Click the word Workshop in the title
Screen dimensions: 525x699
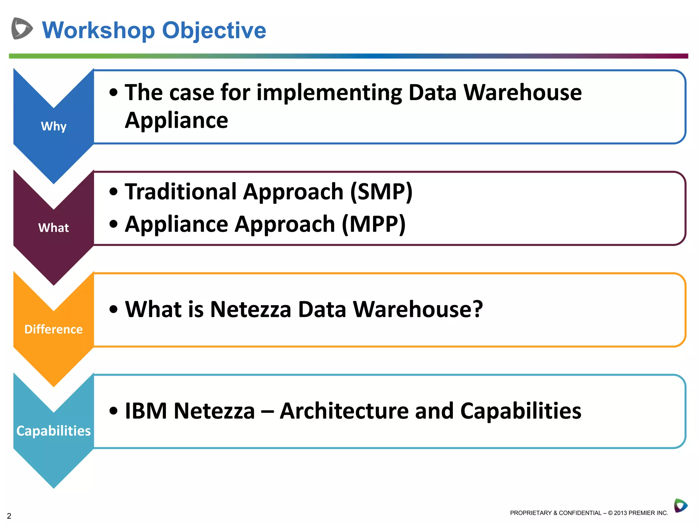click(98, 31)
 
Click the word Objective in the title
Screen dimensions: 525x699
click(214, 31)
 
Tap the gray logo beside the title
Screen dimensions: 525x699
click(22, 28)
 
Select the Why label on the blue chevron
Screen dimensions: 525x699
click(54, 126)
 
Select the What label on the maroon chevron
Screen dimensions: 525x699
click(54, 228)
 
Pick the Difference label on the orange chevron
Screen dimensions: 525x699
click(54, 329)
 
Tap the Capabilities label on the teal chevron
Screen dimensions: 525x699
click(54, 431)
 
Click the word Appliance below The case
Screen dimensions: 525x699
click(176, 120)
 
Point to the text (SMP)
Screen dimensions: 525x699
click(382, 191)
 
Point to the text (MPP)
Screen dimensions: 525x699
click(374, 224)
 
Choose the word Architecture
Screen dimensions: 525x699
click(344, 410)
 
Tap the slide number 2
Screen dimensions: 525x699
click(9, 516)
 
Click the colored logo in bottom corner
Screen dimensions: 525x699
click(680, 506)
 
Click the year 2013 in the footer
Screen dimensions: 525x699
click(620, 513)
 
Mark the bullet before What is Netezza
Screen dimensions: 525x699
click(113, 310)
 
